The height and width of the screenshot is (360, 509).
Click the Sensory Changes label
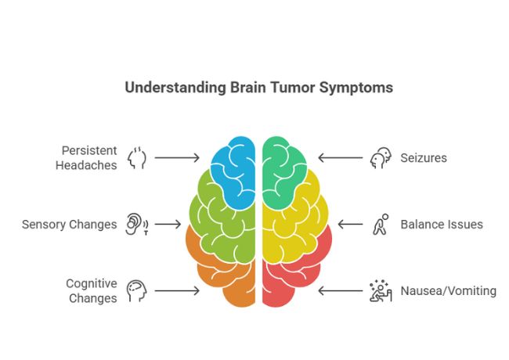click(x=69, y=225)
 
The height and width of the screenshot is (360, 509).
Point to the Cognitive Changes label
click(x=91, y=290)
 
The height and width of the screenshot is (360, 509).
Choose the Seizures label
click(x=424, y=158)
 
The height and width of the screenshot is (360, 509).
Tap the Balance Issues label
click(x=442, y=225)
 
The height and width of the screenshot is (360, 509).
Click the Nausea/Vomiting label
click(x=448, y=291)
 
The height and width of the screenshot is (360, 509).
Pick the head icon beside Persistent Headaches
click(x=138, y=157)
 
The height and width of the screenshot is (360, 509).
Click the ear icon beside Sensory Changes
click(x=137, y=225)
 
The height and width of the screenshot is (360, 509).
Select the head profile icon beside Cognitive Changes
click(x=137, y=290)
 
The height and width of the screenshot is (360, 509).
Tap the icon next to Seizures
click(x=379, y=158)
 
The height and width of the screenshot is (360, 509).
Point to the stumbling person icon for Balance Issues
click(x=380, y=225)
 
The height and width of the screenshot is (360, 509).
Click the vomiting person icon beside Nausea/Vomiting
click(x=380, y=291)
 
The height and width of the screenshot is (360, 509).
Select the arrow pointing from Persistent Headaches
click(x=177, y=158)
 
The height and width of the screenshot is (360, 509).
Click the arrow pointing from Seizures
click(x=340, y=158)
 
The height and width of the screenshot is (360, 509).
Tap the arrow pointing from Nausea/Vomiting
click(x=340, y=291)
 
